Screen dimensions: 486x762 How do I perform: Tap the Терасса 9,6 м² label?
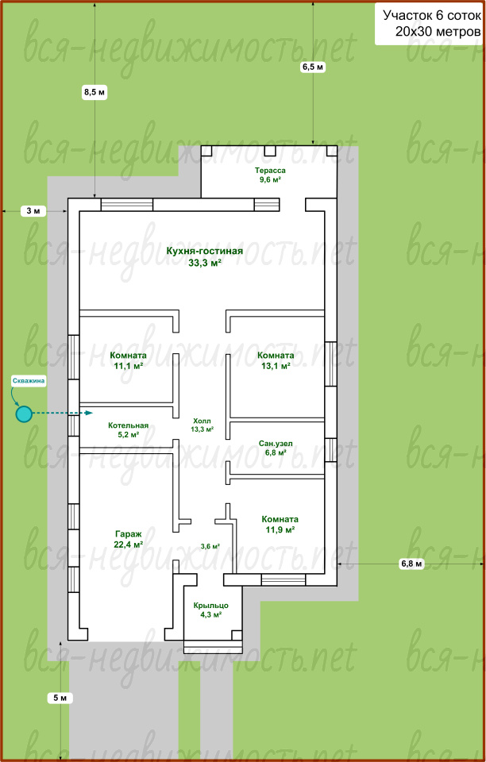click(270, 175)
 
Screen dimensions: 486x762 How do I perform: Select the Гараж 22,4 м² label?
click(129, 538)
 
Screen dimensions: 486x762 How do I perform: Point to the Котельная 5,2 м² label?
click(129, 430)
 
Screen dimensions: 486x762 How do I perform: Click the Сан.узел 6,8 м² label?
click(276, 448)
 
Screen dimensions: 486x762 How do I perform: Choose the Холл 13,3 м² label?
click(202, 425)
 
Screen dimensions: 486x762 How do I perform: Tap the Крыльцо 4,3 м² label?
click(211, 610)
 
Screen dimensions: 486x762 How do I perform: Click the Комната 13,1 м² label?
click(276, 360)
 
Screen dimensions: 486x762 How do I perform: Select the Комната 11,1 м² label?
click(129, 361)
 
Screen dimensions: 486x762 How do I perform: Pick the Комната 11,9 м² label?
click(280, 525)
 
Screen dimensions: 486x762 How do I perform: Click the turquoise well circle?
click(23, 414)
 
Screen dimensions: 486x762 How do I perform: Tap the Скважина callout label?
click(29, 381)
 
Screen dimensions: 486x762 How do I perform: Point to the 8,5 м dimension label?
click(94, 92)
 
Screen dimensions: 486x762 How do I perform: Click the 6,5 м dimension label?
click(313, 67)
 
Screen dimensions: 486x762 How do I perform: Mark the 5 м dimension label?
click(60, 698)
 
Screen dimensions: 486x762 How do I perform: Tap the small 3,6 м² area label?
click(210, 546)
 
